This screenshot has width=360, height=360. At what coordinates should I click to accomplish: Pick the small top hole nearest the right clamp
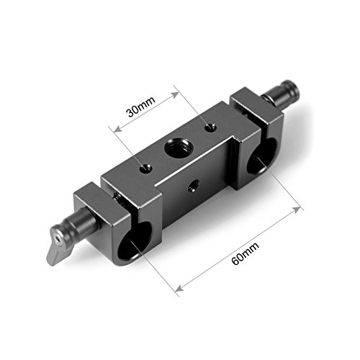pos(209,127)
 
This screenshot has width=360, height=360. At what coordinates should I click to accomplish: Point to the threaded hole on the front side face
pos(193,186)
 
